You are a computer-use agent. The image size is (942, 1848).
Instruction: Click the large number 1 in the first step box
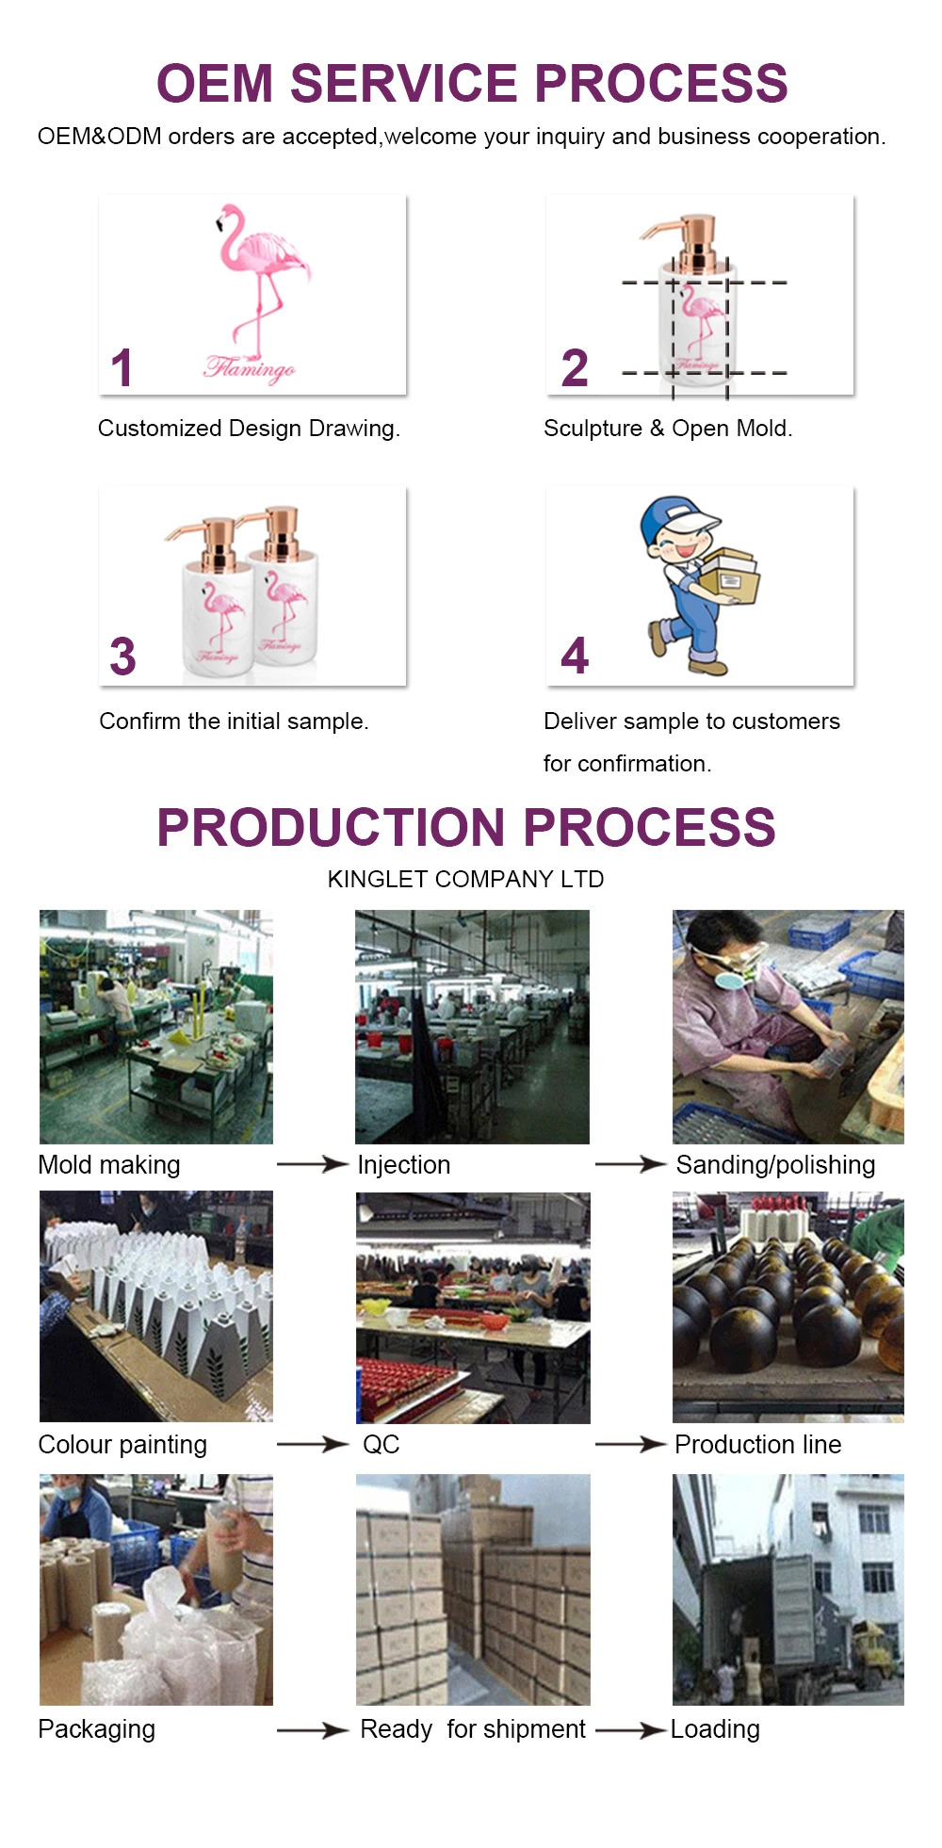[122, 367]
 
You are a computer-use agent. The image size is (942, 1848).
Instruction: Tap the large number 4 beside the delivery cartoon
[575, 656]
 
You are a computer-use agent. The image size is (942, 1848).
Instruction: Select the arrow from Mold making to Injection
[313, 1164]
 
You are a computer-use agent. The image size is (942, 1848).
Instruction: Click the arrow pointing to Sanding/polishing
[631, 1164]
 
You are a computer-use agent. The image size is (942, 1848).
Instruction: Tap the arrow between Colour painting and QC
[313, 1444]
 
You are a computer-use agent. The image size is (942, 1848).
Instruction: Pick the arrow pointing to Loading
[631, 1730]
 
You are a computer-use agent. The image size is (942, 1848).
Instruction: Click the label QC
[382, 1444]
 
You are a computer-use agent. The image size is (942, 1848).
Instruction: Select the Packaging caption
[97, 1729]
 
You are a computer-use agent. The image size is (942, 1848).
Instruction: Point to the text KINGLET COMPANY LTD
[465, 879]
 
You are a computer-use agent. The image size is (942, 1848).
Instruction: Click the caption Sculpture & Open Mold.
[668, 429]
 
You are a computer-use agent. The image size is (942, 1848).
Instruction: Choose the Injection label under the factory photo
[404, 1165]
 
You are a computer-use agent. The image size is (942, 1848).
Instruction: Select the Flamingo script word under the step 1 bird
[250, 368]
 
